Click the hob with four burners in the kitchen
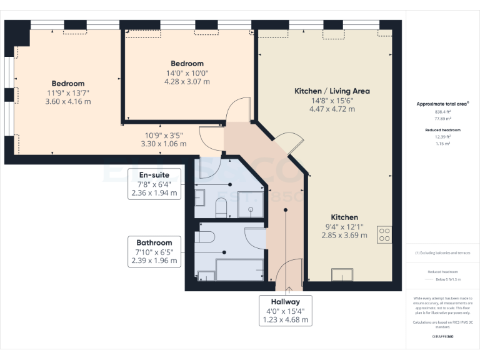385,234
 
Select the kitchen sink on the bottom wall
343,276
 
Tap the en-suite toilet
220,207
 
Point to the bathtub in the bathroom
238,269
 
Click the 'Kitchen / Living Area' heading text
332,91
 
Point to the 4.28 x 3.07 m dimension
187,81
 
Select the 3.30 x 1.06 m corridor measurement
165,144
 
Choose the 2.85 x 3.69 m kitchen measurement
344,235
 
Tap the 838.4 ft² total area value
442,112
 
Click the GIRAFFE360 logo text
442,337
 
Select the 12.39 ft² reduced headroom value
442,137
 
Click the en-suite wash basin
200,199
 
